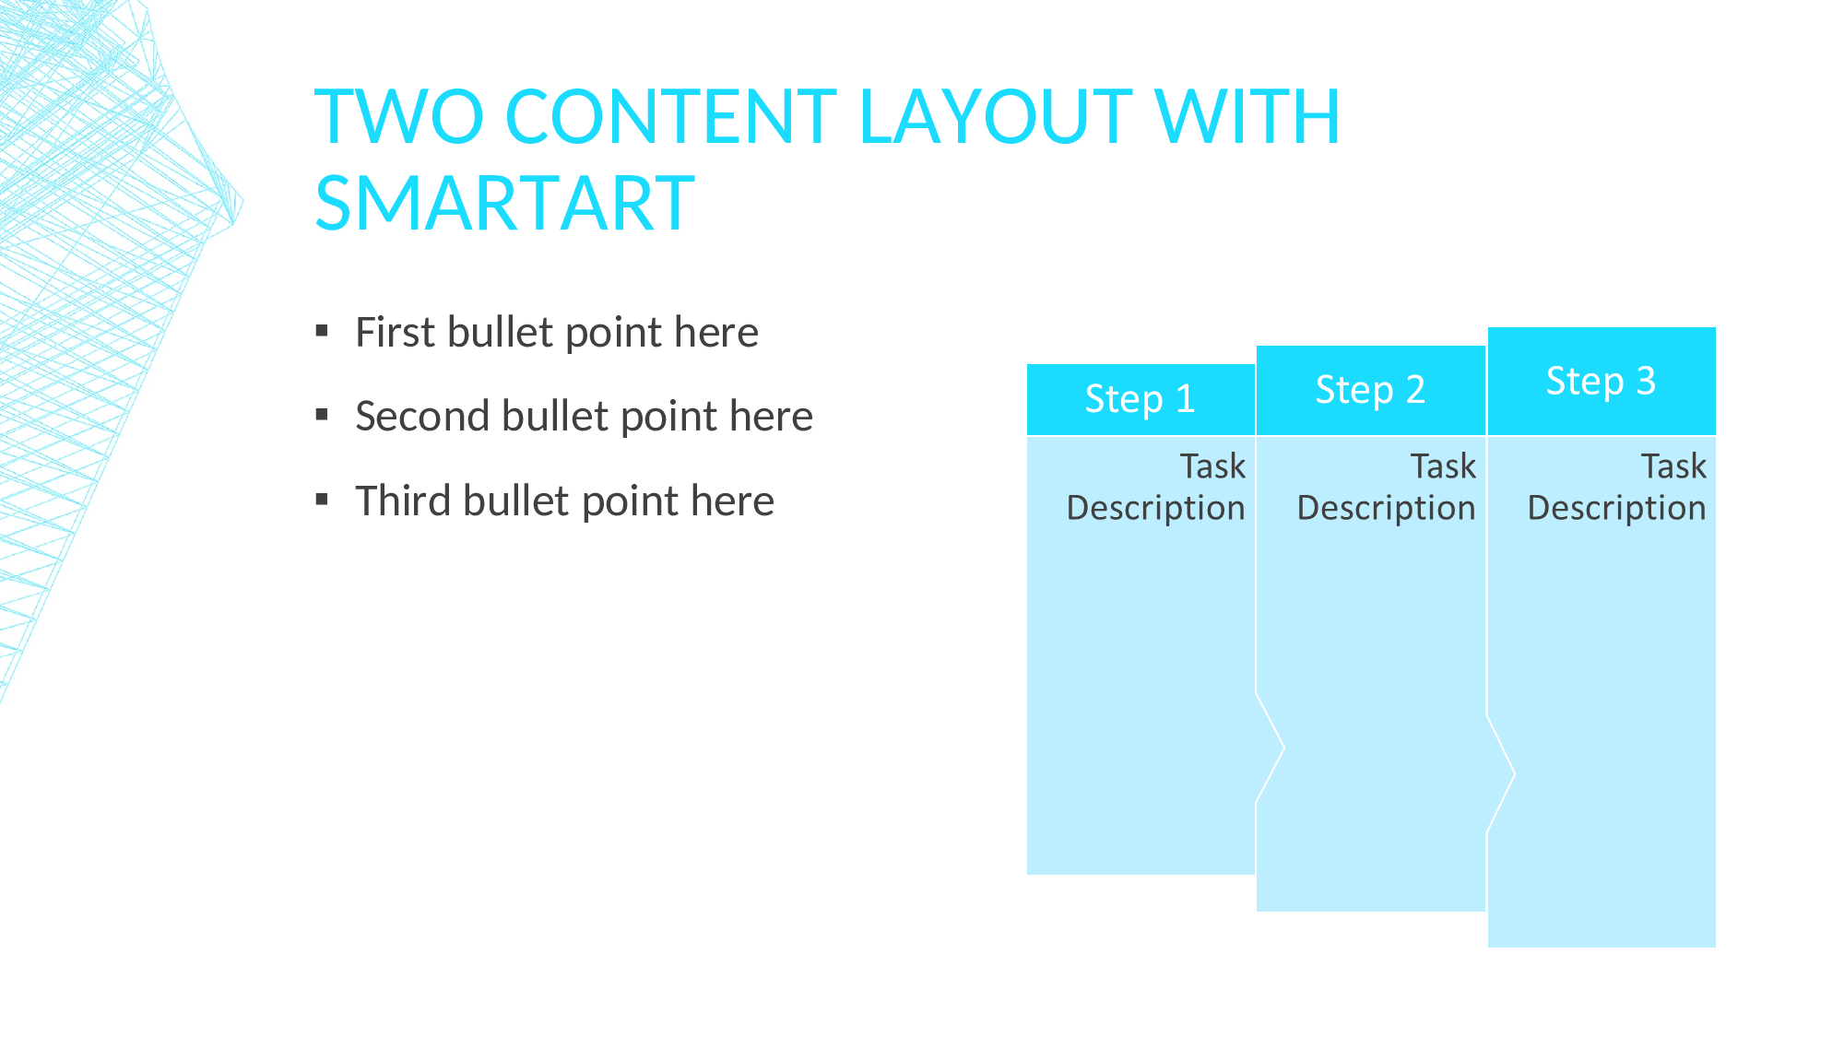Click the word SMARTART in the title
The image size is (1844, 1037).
[504, 204]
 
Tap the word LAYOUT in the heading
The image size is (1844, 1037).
[996, 117]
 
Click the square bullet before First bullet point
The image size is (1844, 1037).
[322, 331]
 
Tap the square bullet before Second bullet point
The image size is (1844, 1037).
[322, 415]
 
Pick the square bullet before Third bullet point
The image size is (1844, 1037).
[322, 500]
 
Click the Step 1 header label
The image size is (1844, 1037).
[1141, 399]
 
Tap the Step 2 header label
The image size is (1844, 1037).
[1371, 390]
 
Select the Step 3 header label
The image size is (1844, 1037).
[1602, 381]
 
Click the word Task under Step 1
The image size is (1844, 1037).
[1213, 466]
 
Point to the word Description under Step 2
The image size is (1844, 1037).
[1387, 509]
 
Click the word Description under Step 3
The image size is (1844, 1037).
[1617, 509]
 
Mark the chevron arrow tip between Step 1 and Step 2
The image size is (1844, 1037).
[1284, 748]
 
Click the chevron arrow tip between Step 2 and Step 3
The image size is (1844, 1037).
[1515, 773]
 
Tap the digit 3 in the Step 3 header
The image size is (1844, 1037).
[1646, 381]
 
